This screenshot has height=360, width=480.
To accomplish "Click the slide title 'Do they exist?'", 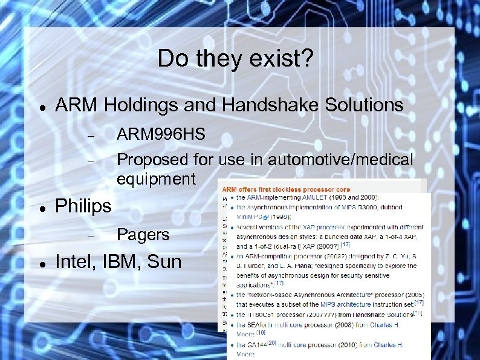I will tap(236, 59).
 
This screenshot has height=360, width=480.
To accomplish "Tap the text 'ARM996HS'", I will tap(161, 134).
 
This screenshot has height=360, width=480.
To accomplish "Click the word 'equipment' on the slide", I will tap(156, 179).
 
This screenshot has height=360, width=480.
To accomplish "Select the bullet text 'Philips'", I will tap(83, 206).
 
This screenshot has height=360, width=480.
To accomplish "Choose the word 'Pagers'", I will tap(143, 234).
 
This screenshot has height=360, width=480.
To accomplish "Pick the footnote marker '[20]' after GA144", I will tap(272, 342).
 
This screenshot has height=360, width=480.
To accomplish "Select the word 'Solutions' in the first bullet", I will tap(357, 105).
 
